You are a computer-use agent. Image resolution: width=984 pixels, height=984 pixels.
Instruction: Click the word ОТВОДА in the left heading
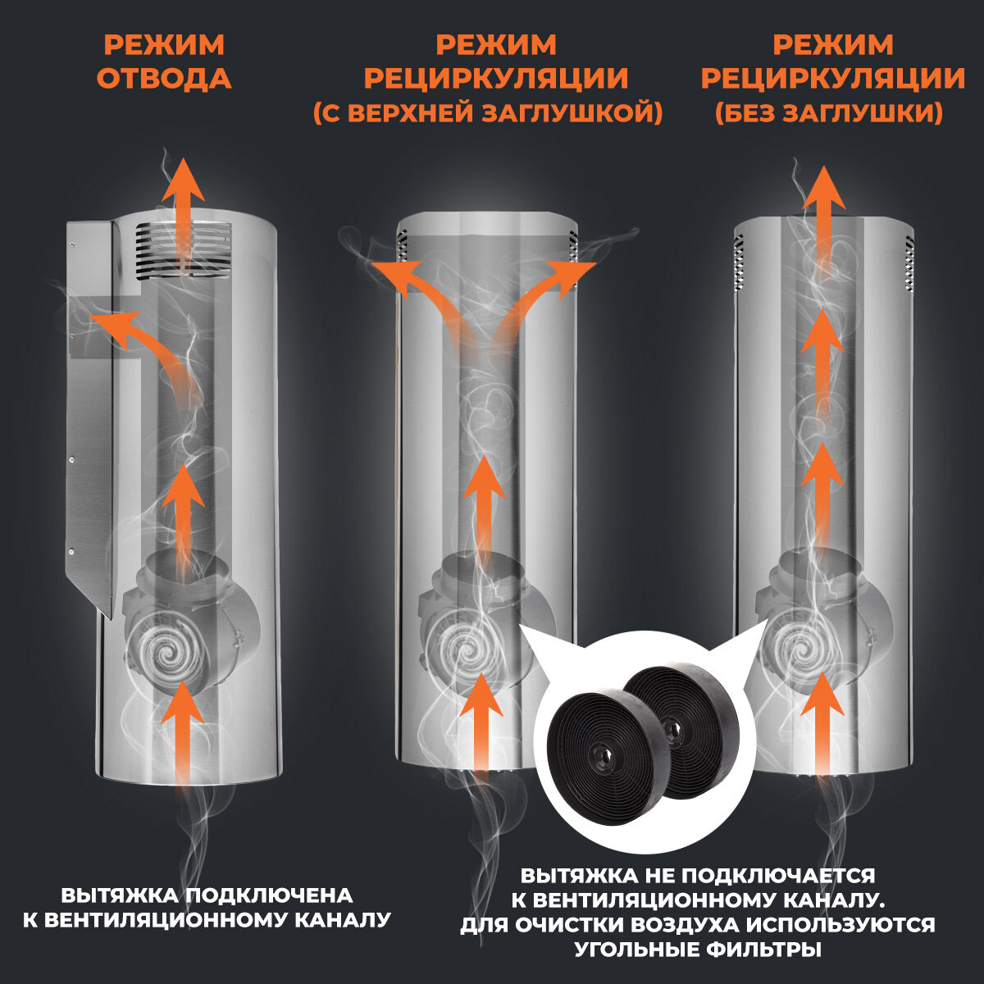click(x=164, y=79)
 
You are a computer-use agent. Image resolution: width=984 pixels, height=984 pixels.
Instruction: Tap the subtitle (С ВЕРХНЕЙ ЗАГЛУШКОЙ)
click(x=488, y=113)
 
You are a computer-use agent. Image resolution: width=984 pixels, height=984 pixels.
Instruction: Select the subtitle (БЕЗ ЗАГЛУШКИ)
click(x=828, y=113)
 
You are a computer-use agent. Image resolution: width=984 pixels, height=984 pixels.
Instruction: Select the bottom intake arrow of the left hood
click(x=181, y=730)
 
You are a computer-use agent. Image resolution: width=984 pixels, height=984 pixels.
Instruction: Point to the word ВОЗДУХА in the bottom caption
click(x=656, y=925)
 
